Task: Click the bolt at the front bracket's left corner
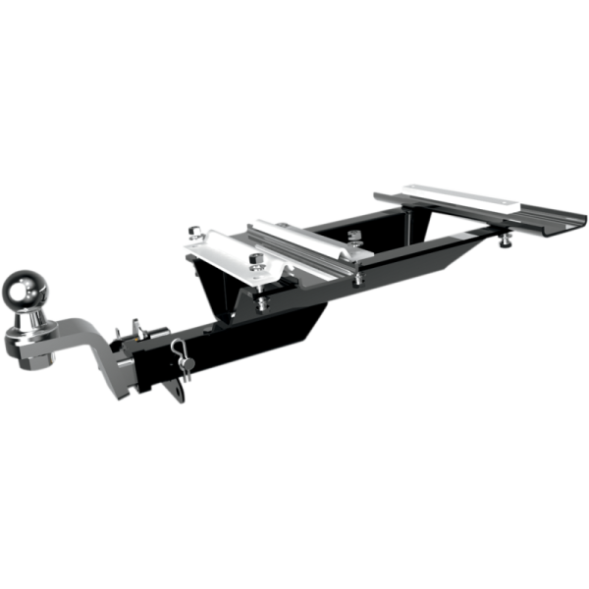tap(194, 236)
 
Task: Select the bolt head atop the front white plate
tap(256, 260)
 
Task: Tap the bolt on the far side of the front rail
tap(352, 237)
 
